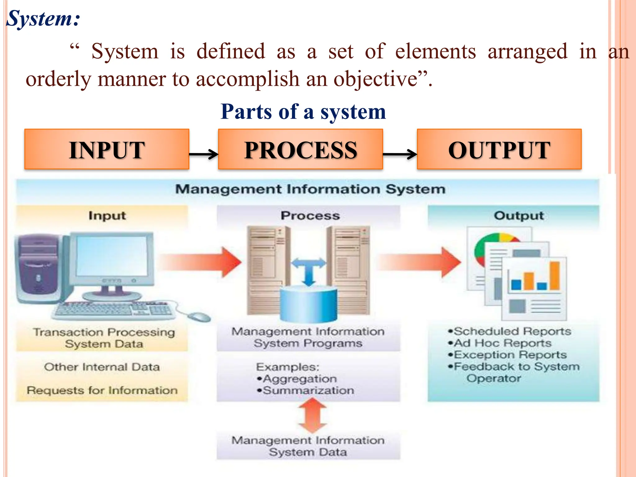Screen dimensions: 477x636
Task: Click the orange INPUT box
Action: tap(107, 149)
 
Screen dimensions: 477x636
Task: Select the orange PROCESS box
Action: tap(300, 149)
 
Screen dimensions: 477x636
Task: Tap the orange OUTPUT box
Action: tap(499, 149)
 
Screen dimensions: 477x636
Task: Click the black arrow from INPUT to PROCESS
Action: tap(204, 154)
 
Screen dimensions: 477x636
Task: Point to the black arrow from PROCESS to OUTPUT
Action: tap(400, 154)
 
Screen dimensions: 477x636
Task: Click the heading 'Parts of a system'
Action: tap(303, 112)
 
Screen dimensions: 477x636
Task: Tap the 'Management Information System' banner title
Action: tap(310, 189)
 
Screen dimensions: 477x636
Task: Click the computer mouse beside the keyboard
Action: tap(199, 317)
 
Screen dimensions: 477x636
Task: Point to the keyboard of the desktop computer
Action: tap(113, 310)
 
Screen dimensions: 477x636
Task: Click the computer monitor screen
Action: tap(112, 256)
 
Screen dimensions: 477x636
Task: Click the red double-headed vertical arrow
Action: tap(312, 416)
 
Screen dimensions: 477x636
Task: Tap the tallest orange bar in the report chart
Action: tap(555, 275)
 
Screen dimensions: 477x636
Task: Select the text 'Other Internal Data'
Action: tap(102, 367)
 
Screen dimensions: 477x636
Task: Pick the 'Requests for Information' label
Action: tap(102, 390)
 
